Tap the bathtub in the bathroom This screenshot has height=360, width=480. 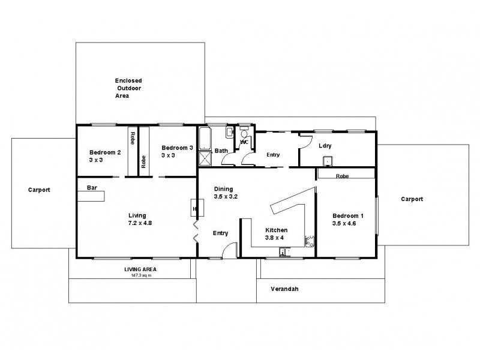pos(205,139)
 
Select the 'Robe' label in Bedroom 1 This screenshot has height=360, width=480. pos(343,176)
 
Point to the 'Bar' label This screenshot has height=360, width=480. pos(92,188)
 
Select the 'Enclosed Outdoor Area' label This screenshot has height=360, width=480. pos(128,88)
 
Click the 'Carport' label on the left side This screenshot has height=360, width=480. pos(39,190)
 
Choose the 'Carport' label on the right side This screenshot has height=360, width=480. pos(412,199)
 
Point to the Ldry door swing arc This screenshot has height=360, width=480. pos(305,141)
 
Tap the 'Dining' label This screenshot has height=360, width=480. pos(224,189)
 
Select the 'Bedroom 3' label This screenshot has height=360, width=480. pos(177,148)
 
